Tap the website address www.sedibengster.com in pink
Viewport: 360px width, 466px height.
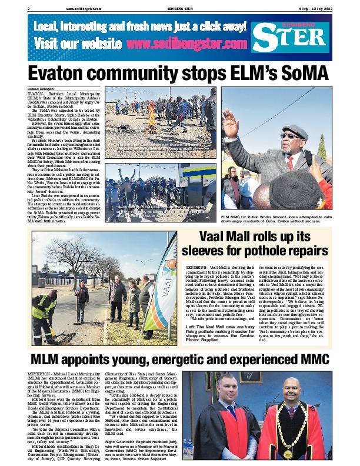[x=186, y=44]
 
